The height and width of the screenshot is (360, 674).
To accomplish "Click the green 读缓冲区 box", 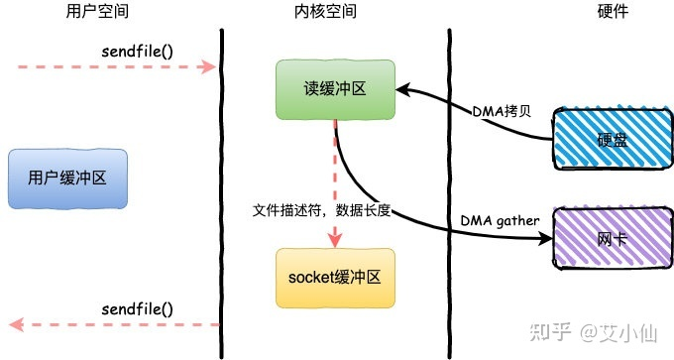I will coord(335,89).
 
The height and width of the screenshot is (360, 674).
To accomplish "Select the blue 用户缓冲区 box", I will coord(67,180).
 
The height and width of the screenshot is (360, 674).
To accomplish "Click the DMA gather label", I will coord(500,219).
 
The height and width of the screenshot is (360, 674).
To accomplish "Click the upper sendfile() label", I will coord(138,50).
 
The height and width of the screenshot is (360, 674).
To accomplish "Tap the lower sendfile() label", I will coord(138,308).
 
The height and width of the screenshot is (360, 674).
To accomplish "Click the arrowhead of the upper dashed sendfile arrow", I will coord(210,68).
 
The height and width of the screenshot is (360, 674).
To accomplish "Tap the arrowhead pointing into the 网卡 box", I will coord(546,239).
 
